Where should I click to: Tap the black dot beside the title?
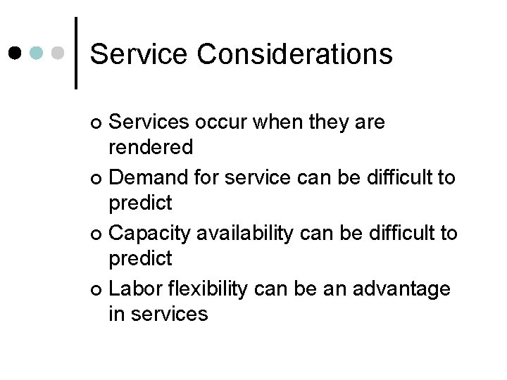click(15, 53)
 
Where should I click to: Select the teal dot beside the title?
click(37, 53)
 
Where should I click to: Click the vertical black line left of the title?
click(75, 53)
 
